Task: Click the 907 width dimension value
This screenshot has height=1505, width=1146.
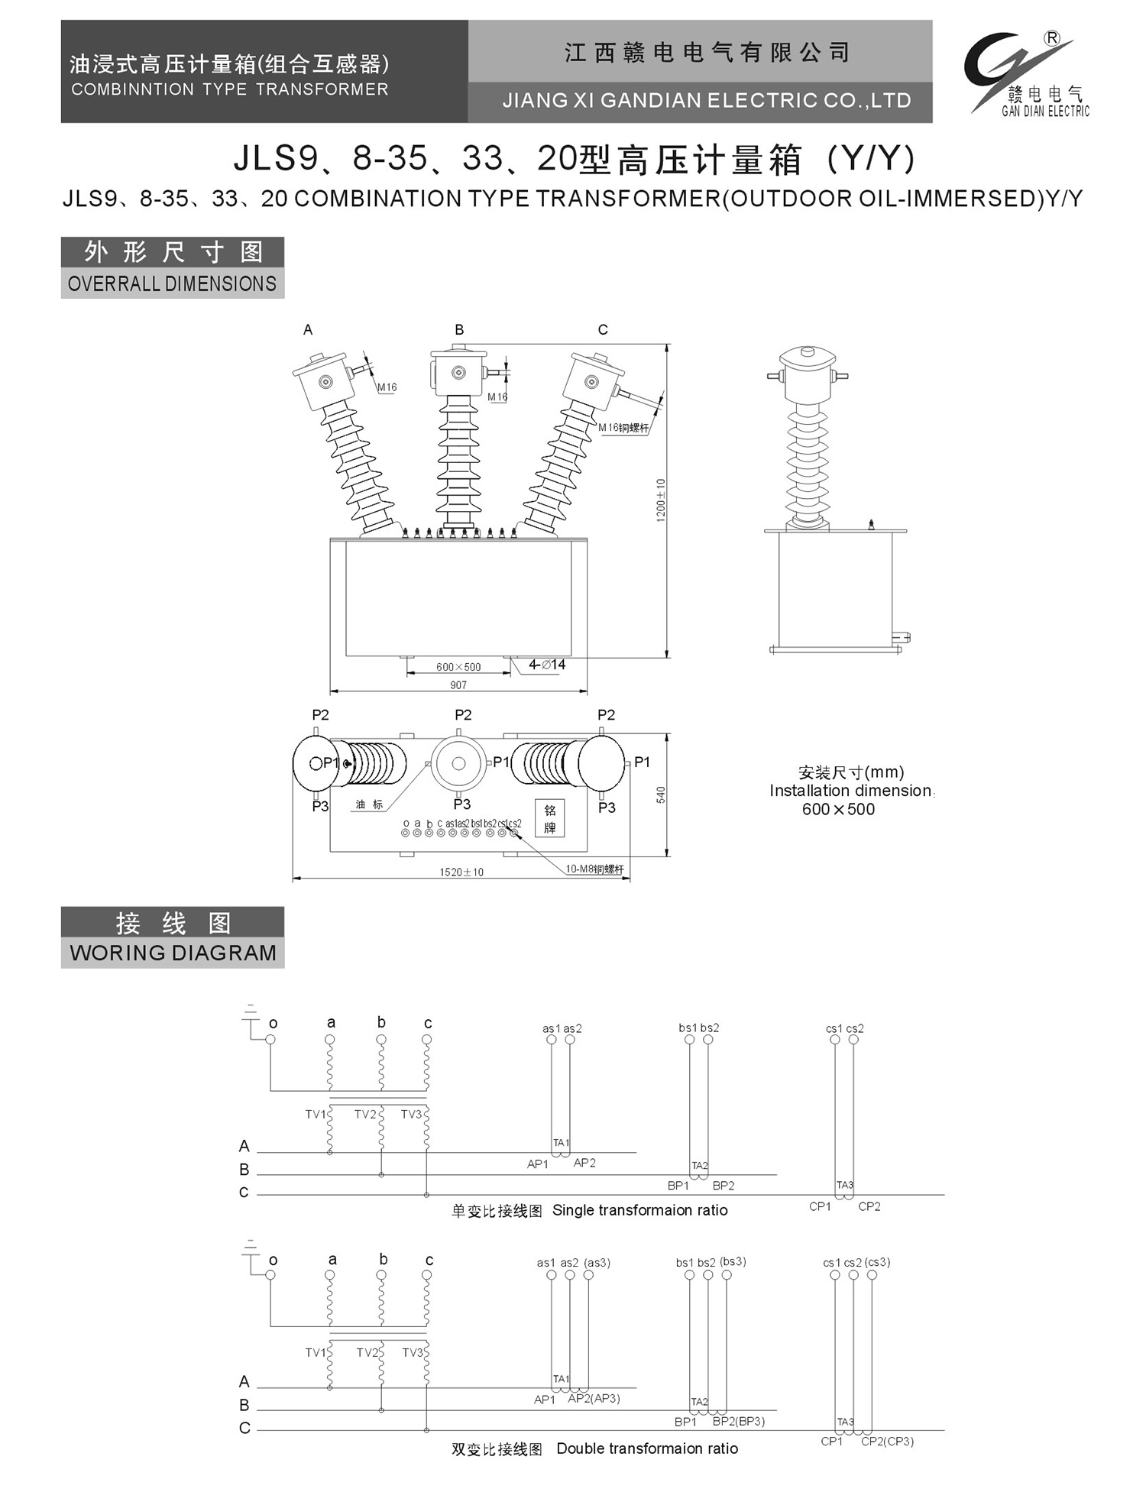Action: click(x=458, y=685)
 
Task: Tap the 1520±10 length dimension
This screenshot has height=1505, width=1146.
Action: click(x=461, y=872)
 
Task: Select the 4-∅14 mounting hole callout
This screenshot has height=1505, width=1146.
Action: click(x=547, y=665)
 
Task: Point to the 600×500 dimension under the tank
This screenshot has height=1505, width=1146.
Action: click(x=458, y=667)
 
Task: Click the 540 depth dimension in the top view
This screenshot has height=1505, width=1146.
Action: click(x=661, y=795)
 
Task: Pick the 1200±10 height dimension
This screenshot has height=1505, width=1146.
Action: click(x=661, y=500)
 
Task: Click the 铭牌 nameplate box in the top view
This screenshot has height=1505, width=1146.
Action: click(x=550, y=818)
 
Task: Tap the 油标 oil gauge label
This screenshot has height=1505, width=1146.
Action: click(x=369, y=804)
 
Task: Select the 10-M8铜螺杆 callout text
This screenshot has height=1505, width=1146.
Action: click(x=594, y=869)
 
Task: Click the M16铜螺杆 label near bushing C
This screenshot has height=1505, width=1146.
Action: click(x=623, y=428)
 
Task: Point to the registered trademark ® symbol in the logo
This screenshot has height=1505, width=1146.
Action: click(x=1052, y=38)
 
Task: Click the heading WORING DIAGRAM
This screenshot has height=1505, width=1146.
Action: click(x=173, y=953)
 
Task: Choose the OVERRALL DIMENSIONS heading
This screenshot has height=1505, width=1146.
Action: click(x=172, y=283)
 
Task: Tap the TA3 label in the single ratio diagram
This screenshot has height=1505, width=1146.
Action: click(x=845, y=1185)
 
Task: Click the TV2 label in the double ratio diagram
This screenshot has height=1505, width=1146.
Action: click(x=367, y=1352)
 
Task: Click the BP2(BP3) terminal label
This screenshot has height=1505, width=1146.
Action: click(x=738, y=1421)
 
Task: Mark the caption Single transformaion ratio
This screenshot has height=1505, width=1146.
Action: click(x=639, y=1210)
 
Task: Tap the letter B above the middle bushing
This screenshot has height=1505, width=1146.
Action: click(x=459, y=330)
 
